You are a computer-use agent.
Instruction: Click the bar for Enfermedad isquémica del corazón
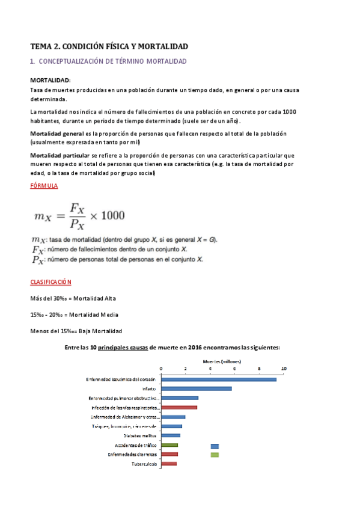218,379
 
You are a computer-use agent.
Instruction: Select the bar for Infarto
196,389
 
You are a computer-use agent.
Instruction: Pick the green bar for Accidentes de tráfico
169,445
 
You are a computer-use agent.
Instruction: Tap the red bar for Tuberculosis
168,464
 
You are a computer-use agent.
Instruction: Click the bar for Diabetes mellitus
170,435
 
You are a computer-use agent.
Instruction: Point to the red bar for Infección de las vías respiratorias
178,407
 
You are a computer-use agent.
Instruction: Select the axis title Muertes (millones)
222,361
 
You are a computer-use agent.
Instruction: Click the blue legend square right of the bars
215,446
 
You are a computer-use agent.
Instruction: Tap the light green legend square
215,455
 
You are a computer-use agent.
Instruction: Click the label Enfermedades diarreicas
132,454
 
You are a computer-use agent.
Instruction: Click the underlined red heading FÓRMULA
44,186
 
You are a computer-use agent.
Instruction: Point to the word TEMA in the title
41,46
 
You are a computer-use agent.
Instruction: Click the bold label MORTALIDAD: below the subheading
50,80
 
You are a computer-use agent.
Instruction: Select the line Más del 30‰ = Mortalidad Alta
73,298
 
